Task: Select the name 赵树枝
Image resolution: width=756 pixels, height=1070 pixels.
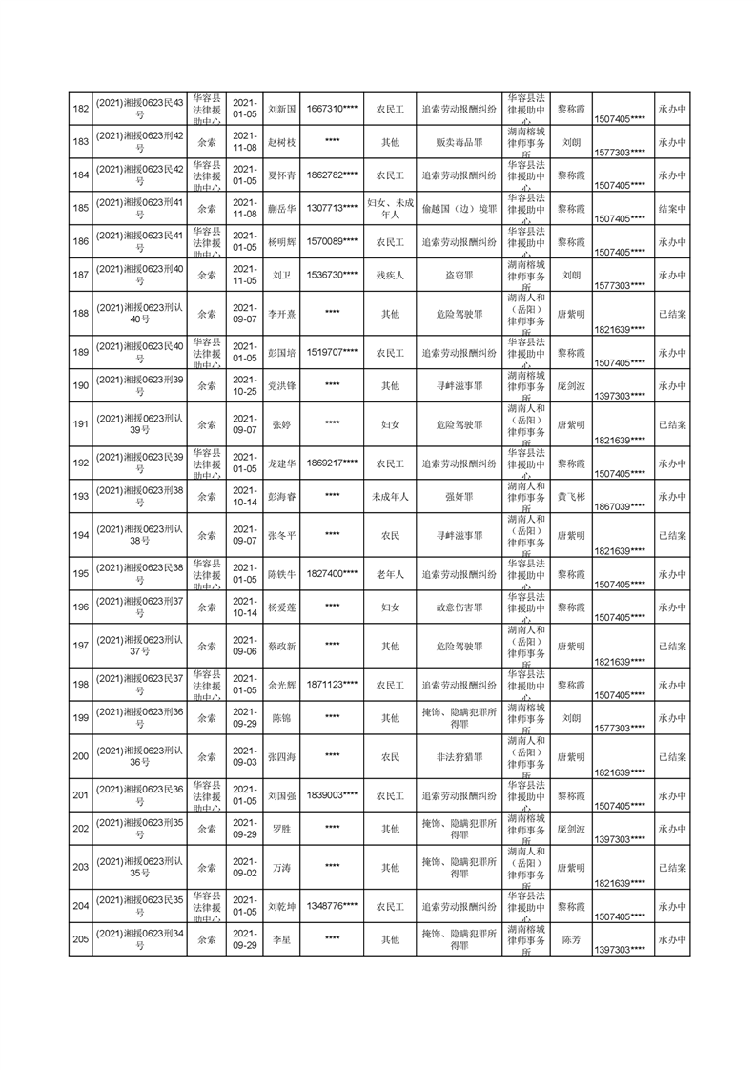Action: pyautogui.click(x=282, y=142)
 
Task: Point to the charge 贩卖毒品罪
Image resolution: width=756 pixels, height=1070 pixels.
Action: pyautogui.click(x=459, y=142)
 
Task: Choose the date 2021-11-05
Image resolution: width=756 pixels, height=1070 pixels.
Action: pyautogui.click(x=245, y=276)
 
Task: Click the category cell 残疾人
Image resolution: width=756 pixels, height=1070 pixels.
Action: pyautogui.click(x=390, y=276)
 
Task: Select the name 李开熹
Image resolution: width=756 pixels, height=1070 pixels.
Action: pyautogui.click(x=282, y=314)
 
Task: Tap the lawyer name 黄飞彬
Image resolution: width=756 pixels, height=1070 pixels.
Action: pyautogui.click(x=571, y=497)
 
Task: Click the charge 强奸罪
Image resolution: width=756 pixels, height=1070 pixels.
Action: pyautogui.click(x=459, y=497)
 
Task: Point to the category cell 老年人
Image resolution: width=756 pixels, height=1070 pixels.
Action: pyautogui.click(x=390, y=574)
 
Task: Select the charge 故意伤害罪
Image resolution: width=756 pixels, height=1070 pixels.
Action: pyautogui.click(x=459, y=607)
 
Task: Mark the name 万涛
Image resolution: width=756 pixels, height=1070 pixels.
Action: pyautogui.click(x=282, y=868)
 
